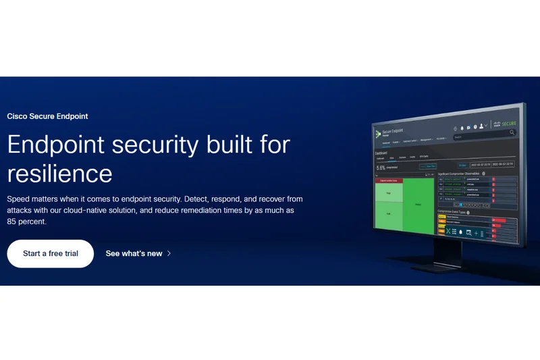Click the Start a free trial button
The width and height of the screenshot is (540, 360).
click(50, 254)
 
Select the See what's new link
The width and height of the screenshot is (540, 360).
click(134, 254)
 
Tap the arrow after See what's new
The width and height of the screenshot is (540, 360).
click(169, 254)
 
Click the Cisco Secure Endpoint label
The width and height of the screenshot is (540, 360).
click(47, 116)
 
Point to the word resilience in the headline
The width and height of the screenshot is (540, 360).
click(59, 174)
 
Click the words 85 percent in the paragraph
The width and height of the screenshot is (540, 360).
click(26, 222)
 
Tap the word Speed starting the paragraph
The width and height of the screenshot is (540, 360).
click(18, 199)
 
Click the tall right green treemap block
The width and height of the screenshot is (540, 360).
click(418, 205)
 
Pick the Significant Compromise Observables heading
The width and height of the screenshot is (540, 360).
click(464, 174)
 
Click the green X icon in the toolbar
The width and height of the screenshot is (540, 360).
click(447, 231)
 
